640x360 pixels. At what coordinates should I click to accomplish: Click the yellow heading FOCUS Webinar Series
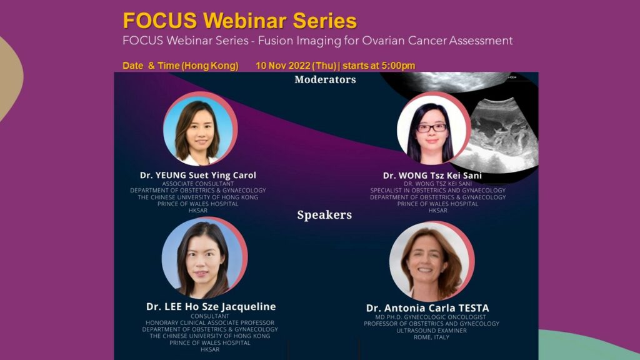point(240,21)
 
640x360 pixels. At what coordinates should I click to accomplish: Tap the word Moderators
point(325,79)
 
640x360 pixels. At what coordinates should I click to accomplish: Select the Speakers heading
point(324,215)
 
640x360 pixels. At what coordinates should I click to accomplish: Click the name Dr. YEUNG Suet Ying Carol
point(198,175)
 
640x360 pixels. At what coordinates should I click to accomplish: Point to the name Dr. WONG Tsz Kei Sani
point(432,176)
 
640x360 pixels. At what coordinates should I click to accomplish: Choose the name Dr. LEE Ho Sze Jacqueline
point(211,306)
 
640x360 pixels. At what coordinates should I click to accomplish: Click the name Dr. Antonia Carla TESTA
point(427,308)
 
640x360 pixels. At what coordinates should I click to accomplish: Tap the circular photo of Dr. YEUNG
point(201,129)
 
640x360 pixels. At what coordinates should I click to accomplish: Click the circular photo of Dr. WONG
point(434,129)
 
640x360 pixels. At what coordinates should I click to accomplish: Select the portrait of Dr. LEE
point(204,258)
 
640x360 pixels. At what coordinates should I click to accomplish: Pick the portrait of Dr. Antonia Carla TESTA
point(431,262)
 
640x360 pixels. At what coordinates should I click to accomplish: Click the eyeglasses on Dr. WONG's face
point(432,127)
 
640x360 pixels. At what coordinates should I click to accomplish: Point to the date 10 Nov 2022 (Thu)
point(296,66)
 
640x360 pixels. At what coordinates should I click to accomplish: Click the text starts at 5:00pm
point(379,66)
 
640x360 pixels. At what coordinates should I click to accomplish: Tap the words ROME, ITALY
point(431,337)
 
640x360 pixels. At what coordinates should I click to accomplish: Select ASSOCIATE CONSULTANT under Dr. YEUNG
point(198,184)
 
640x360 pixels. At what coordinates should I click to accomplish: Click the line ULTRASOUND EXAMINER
point(431,331)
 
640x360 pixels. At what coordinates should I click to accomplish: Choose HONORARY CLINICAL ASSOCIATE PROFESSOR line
point(210,323)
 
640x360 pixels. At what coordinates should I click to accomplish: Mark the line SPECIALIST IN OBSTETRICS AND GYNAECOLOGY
point(438,190)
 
